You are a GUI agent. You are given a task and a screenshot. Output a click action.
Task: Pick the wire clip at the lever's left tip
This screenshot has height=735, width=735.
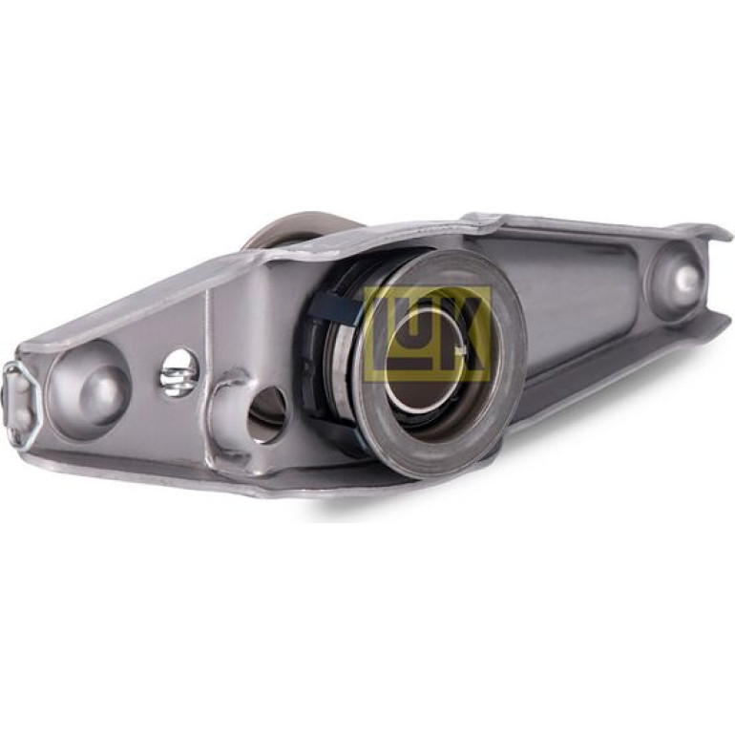21,403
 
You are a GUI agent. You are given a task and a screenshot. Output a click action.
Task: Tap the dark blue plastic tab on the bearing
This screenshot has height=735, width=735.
335,307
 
